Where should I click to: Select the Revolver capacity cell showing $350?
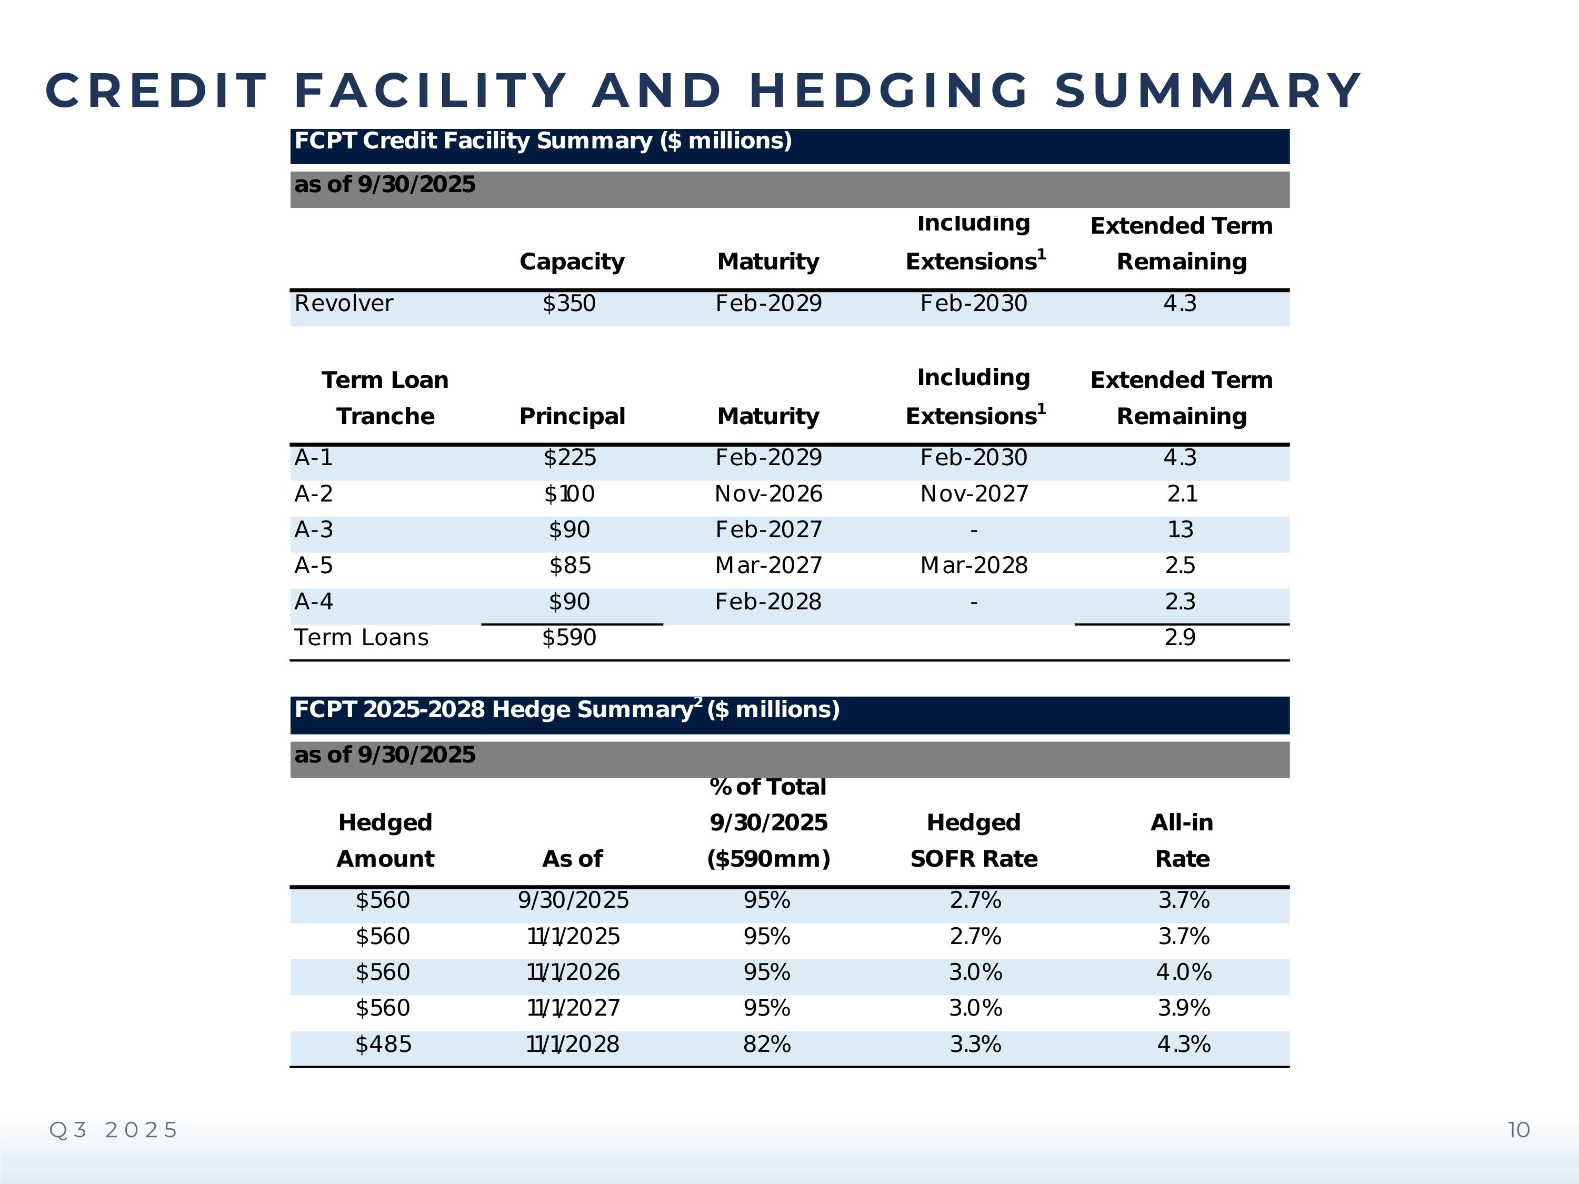pyautogui.click(x=569, y=303)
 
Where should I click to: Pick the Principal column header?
pyautogui.click(x=572, y=416)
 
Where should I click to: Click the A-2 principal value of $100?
pyautogui.click(x=569, y=494)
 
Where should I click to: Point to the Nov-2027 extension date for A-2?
pyautogui.click(x=974, y=494)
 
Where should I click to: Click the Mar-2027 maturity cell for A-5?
pyautogui.click(x=768, y=566)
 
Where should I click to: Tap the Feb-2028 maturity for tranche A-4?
pyautogui.click(x=768, y=601)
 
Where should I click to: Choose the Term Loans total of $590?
pyautogui.click(x=569, y=637)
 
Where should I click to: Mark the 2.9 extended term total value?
pyautogui.click(x=1180, y=637)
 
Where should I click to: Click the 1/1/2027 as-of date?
pyautogui.click(x=573, y=1008)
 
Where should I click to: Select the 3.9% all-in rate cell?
pyautogui.click(x=1184, y=1008)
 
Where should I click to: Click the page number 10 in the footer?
pyautogui.click(x=1518, y=1130)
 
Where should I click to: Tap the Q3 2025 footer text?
pyautogui.click(x=113, y=1130)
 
